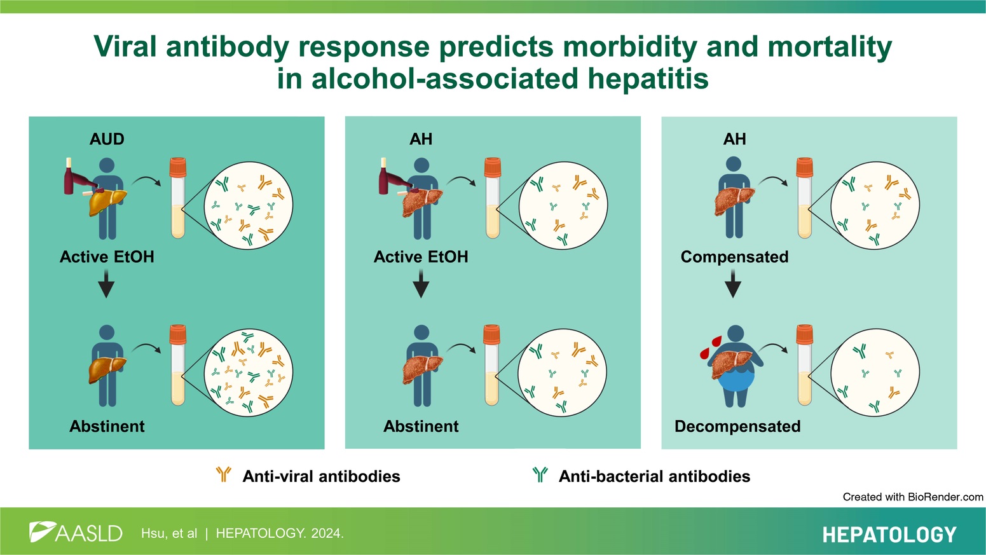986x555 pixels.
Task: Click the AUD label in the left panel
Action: coord(107,139)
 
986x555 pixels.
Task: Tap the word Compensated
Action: coord(734,257)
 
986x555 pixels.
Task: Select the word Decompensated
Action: coord(737,426)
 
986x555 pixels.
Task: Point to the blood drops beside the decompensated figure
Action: coord(711,348)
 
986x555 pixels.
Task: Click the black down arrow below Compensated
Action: coord(733,284)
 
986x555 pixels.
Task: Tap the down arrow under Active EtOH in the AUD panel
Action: coord(107,284)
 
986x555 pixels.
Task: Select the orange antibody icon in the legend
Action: coord(224,474)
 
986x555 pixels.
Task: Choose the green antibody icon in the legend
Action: coord(540,474)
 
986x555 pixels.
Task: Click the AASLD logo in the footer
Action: coord(76,532)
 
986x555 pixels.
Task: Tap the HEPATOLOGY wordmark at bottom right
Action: coord(889,535)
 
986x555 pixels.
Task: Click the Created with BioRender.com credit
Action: coord(912,497)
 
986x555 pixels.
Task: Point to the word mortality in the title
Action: coord(830,47)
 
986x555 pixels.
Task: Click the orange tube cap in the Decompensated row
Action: coord(805,334)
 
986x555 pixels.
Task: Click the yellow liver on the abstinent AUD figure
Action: coord(107,369)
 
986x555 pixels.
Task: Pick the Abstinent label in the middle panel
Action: coord(421,426)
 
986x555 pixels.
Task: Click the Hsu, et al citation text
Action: coord(169,533)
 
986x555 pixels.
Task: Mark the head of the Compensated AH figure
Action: coord(733,164)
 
